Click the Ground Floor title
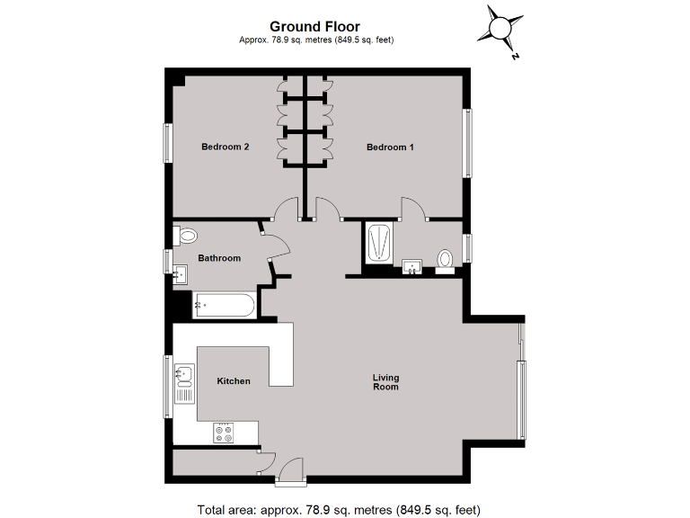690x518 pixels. click(315, 27)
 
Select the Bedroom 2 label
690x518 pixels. click(225, 147)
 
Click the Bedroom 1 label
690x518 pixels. click(390, 147)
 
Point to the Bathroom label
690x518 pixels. click(219, 258)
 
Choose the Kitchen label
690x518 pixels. click(234, 381)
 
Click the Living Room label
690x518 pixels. click(386, 382)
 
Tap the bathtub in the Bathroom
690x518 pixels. click(224, 306)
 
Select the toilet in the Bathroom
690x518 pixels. click(186, 237)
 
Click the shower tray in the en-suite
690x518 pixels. click(379, 243)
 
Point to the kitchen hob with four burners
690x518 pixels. click(224, 433)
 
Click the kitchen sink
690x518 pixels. click(185, 374)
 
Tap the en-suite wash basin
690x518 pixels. click(413, 265)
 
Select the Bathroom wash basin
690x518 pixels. click(181, 273)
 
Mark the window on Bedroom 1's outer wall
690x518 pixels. click(467, 143)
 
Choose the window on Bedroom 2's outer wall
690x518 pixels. click(167, 142)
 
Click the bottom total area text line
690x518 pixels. click(340, 509)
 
